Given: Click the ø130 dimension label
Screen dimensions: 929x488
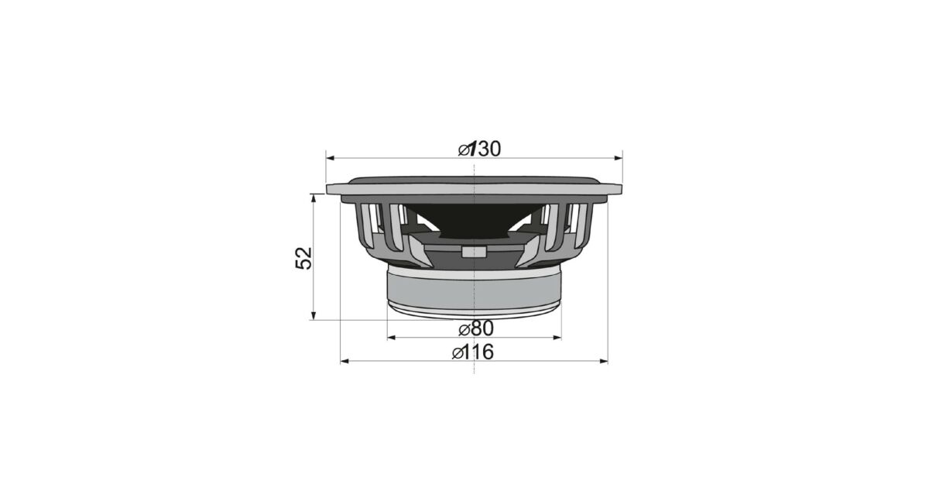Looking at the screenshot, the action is click(x=479, y=149).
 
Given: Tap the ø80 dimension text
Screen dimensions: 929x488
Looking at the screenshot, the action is click(x=476, y=328).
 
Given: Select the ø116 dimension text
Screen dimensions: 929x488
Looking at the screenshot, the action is click(x=473, y=352).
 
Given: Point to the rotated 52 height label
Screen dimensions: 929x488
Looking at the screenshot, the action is click(x=303, y=258).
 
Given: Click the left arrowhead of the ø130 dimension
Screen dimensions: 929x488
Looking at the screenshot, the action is click(x=330, y=158).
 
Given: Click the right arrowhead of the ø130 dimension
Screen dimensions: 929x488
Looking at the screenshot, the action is click(x=619, y=158).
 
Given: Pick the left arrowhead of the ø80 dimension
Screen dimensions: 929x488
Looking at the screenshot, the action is click(x=391, y=338).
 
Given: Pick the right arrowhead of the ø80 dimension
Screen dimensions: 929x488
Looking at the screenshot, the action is click(x=557, y=338).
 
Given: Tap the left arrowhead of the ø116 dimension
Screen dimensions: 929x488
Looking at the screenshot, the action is click(x=345, y=362).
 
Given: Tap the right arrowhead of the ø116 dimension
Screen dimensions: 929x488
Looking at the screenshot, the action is click(x=603, y=362).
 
